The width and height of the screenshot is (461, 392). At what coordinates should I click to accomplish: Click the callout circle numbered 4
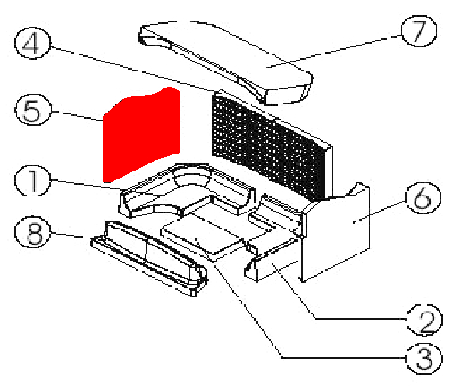tap(33, 43)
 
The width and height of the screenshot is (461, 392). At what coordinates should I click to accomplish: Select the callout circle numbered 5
tap(33, 110)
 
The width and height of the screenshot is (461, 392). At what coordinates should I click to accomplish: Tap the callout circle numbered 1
tap(33, 180)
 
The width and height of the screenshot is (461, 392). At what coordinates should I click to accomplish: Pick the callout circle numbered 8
tap(33, 232)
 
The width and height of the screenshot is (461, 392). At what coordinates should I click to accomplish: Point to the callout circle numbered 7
tap(419, 31)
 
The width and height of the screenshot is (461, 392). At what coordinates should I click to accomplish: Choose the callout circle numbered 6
tap(423, 197)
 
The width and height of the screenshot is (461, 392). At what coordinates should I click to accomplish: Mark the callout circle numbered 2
tap(424, 320)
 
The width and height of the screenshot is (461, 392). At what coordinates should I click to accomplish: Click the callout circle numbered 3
tap(424, 358)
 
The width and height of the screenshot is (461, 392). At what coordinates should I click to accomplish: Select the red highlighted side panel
tap(141, 134)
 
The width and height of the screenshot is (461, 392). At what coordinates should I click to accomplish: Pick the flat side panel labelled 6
tap(335, 232)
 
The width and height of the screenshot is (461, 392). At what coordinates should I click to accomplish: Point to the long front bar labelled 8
tap(149, 257)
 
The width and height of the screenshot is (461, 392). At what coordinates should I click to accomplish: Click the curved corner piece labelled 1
tap(186, 190)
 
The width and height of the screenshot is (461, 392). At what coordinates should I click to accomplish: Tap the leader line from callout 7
tap(334, 52)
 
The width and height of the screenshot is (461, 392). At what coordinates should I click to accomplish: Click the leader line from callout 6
tap(379, 212)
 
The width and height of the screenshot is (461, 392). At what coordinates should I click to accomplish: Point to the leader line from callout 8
tap(71, 236)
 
